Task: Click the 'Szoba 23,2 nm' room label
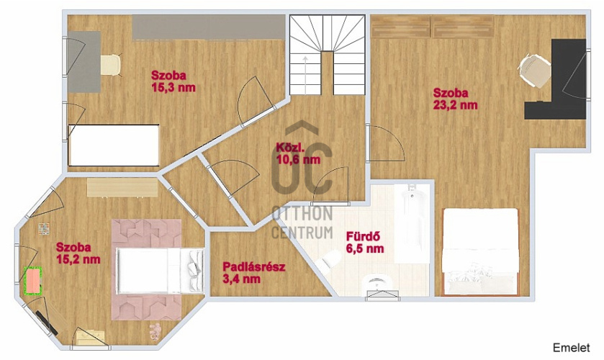coord(455,99)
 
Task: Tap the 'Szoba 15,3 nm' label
coord(173,81)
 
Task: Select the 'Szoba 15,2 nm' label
coord(78,253)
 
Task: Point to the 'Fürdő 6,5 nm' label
coord(365,242)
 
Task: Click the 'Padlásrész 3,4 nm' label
coord(254,272)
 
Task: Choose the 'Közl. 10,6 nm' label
coord(298,153)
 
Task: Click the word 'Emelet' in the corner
coord(572,347)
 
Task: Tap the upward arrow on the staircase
coord(305,72)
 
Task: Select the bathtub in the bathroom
coord(412,223)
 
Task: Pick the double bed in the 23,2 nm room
coord(480,252)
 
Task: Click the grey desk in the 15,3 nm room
coord(84,62)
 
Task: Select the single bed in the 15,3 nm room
coord(114,145)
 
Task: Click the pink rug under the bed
coord(146,269)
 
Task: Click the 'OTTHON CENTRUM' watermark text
coord(302,222)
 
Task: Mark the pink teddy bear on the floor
coord(155,332)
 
